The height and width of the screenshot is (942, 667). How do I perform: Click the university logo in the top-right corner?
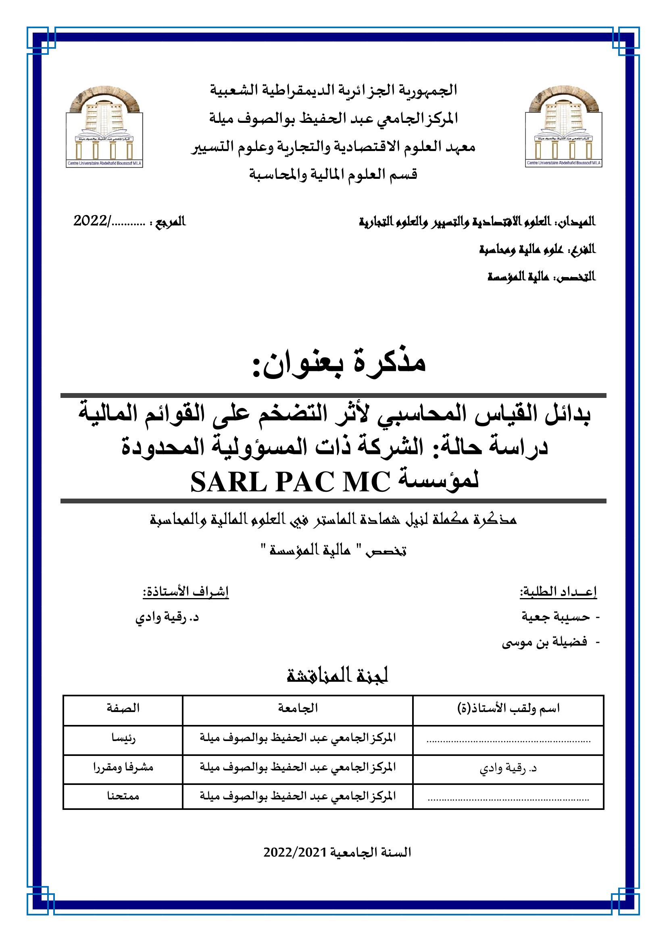pyautogui.click(x=563, y=127)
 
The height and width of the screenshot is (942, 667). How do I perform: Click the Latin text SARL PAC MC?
pyautogui.click(x=290, y=483)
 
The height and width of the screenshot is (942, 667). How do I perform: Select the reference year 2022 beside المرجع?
pyautogui.click(x=90, y=222)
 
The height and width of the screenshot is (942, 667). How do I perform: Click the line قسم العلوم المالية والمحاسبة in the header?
pyautogui.click(x=333, y=175)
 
